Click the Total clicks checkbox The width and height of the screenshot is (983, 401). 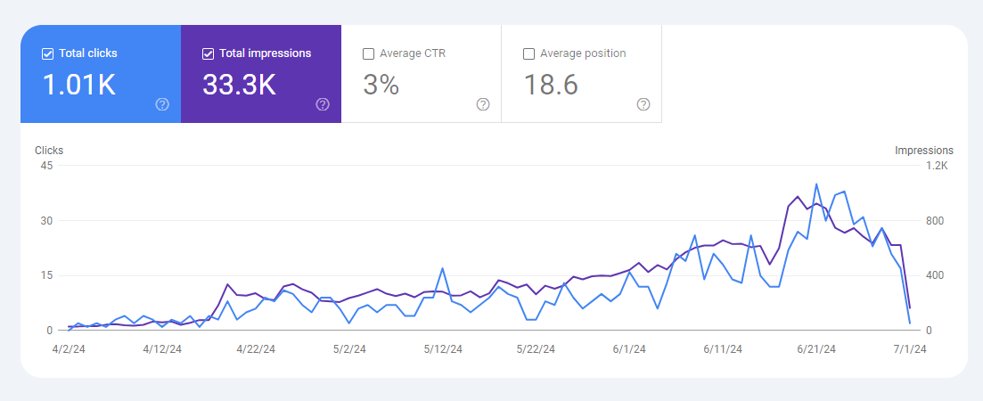tap(47, 53)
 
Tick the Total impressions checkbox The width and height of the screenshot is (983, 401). tap(208, 53)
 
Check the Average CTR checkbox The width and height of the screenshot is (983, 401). tap(368, 53)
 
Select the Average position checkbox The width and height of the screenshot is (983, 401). tap(528, 53)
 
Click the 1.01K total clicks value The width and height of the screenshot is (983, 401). tap(79, 85)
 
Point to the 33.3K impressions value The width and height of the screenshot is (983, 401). tap(239, 85)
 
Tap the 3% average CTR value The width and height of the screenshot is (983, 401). tap(381, 85)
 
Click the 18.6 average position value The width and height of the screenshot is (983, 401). tap(551, 85)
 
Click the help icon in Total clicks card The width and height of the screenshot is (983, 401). tap(162, 104)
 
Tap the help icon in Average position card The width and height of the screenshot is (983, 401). tap(643, 104)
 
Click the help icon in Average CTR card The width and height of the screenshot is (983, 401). tap(483, 104)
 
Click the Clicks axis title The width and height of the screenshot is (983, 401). tap(49, 151)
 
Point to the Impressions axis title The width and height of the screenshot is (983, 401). tap(924, 151)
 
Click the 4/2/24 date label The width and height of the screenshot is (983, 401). tap(70, 349)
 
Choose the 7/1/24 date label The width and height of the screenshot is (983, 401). tap(910, 349)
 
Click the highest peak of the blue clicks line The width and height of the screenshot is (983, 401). tap(816, 184)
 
